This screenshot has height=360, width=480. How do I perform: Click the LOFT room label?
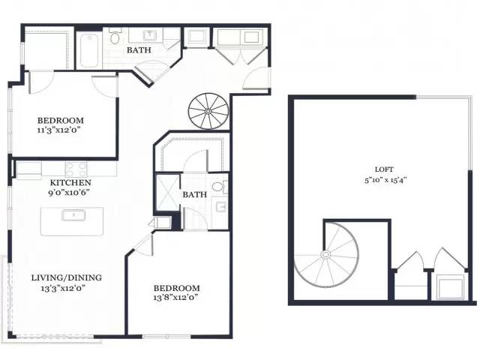click(x=384, y=169)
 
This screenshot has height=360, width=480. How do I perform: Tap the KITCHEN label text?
click(x=70, y=183)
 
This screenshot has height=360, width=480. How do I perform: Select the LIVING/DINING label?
click(x=67, y=277)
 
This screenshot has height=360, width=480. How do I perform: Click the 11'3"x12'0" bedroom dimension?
click(x=58, y=130)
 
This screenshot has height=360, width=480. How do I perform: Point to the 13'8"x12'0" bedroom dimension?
click(x=175, y=297)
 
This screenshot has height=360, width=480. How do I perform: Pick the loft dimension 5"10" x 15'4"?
click(x=385, y=180)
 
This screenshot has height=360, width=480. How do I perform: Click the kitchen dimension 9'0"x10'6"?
click(x=69, y=193)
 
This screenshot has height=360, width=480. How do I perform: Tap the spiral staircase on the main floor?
click(x=208, y=111)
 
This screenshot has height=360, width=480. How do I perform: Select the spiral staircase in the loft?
click(x=326, y=255)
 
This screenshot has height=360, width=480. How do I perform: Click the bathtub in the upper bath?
click(x=89, y=50)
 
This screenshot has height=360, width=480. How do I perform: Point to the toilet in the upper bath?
click(x=115, y=37)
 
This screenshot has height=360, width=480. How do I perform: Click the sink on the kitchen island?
click(x=73, y=215)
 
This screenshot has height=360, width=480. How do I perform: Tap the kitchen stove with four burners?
click(x=76, y=169)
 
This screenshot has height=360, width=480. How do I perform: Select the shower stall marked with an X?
click(x=167, y=193)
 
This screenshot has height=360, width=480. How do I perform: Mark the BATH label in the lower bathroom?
click(x=195, y=194)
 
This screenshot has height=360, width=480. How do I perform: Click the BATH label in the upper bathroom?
click(x=139, y=50)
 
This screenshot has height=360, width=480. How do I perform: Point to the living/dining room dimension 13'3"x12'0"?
click(x=63, y=288)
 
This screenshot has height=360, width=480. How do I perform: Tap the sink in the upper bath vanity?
click(x=150, y=35)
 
